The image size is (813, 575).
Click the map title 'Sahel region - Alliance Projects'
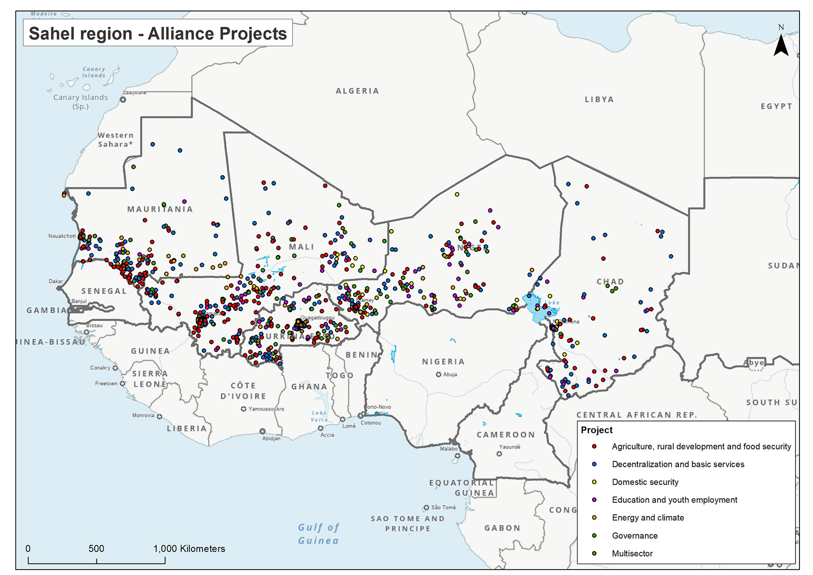click(x=158, y=33)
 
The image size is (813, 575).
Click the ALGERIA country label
click(x=357, y=91)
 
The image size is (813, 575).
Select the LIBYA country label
click(x=599, y=100)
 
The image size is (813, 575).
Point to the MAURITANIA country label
click(x=160, y=209)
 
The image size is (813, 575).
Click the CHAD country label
click(x=610, y=282)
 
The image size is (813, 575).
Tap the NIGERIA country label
click(x=443, y=362)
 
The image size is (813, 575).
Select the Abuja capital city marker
click(x=439, y=375)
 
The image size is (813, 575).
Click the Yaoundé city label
click(x=509, y=447)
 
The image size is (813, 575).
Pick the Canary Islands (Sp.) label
click(x=80, y=102)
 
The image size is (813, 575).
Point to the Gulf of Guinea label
click(x=318, y=534)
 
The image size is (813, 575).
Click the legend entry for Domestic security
click(x=645, y=482)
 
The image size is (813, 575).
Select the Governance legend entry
click(x=635, y=536)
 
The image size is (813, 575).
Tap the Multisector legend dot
click(x=594, y=553)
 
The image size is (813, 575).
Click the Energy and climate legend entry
click(x=648, y=518)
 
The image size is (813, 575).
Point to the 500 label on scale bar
click(x=96, y=549)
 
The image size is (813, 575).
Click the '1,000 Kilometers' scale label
click(x=189, y=549)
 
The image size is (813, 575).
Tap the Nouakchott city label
click(x=62, y=236)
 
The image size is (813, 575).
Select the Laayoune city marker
click(x=123, y=99)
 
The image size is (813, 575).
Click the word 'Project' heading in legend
click(x=596, y=430)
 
